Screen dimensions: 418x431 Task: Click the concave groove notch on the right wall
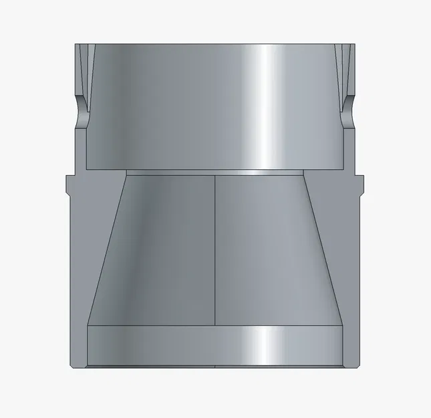[x=348, y=107]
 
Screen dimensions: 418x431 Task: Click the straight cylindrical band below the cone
[x=214, y=344]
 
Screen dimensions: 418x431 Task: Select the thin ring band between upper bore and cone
[x=214, y=172]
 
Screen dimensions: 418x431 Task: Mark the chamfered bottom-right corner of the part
[x=357, y=365]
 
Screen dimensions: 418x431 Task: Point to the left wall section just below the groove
[x=81, y=147]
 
